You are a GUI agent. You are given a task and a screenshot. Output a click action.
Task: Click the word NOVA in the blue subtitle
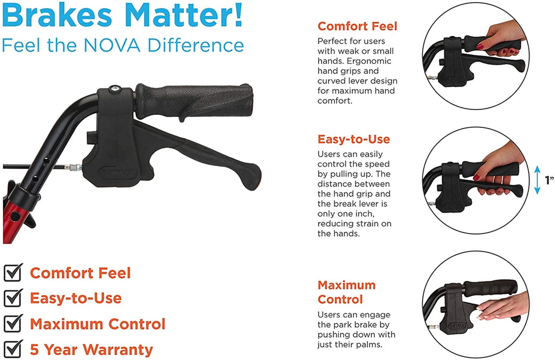click(113, 46)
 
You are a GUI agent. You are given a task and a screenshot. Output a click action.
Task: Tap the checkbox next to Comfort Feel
click(13, 272)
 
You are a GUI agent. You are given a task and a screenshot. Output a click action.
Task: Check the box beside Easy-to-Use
click(13, 298)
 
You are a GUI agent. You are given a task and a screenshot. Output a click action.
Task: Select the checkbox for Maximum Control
click(13, 323)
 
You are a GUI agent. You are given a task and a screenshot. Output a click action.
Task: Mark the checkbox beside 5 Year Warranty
click(13, 349)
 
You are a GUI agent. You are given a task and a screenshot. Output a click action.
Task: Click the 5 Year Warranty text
click(91, 349)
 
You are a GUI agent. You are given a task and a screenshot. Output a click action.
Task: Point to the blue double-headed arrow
click(537, 180)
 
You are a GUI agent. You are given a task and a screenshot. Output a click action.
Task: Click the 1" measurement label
click(550, 180)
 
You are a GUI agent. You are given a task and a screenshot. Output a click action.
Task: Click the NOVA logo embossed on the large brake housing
click(118, 173)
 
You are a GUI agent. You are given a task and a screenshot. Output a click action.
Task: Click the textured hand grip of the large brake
click(194, 101)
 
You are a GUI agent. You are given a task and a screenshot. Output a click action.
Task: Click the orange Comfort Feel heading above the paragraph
click(357, 26)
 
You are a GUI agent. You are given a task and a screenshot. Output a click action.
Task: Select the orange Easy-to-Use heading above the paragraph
click(353, 139)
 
